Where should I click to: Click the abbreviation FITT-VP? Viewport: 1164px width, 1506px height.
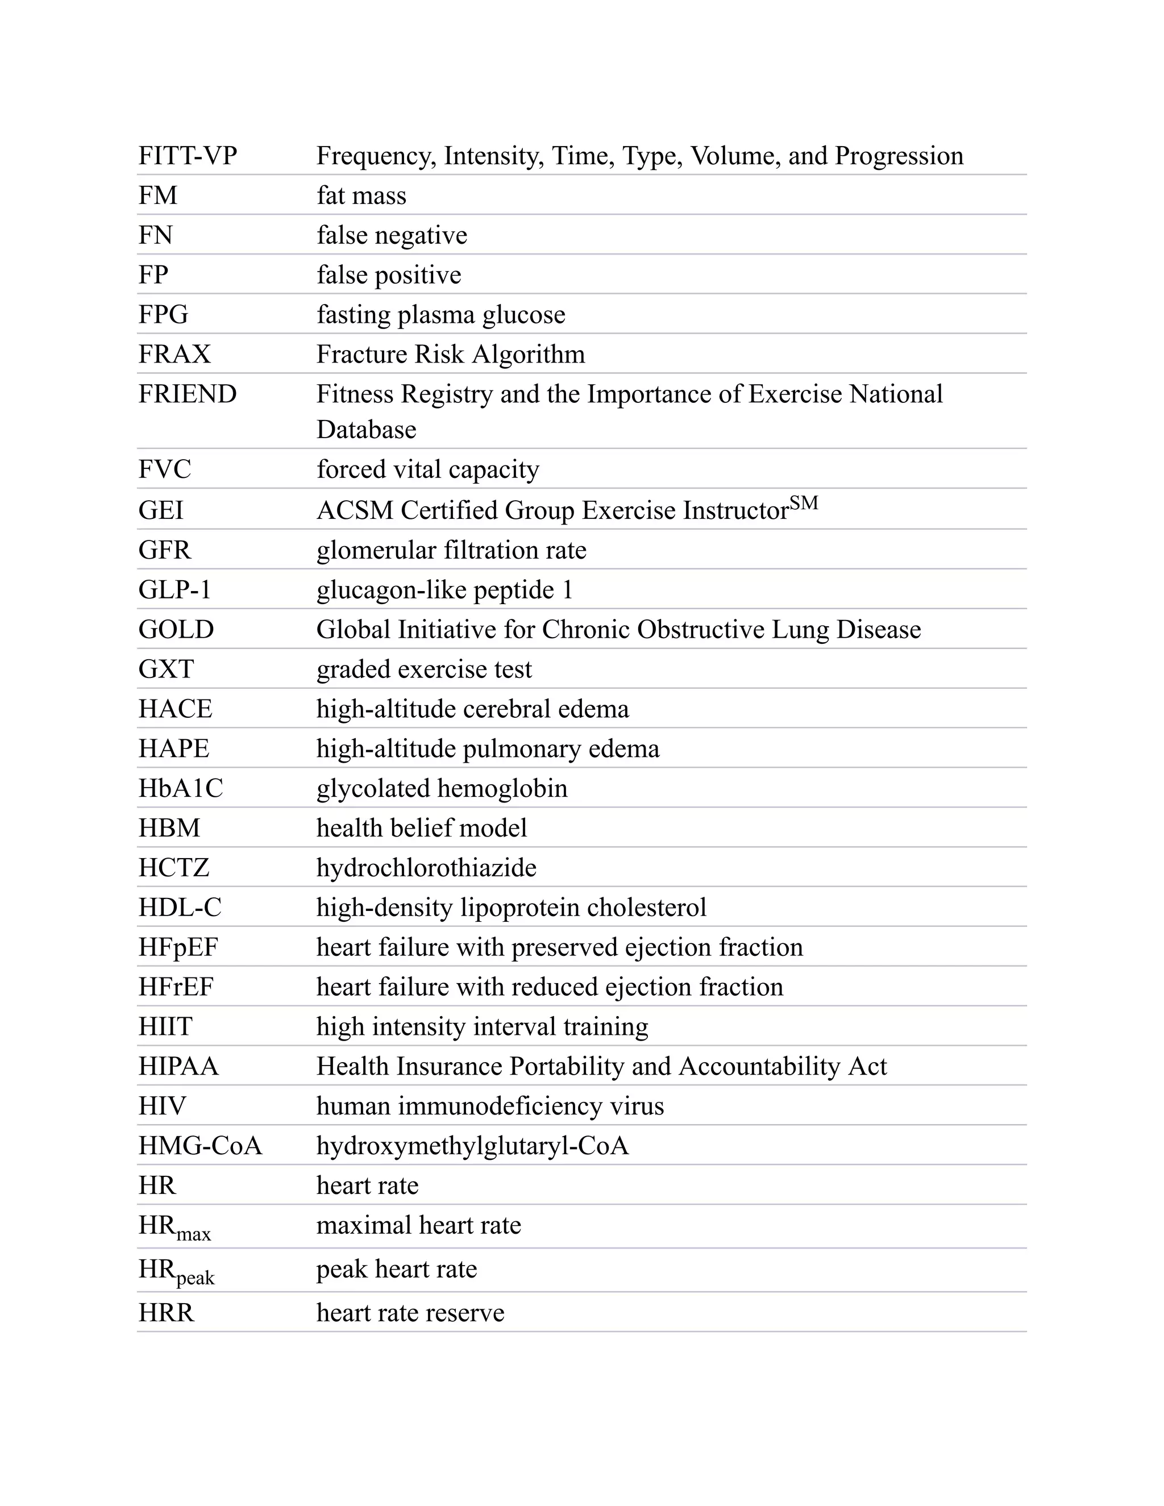(x=187, y=156)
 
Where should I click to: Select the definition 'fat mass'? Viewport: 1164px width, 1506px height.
(x=361, y=196)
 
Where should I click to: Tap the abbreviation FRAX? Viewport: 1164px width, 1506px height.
(x=174, y=355)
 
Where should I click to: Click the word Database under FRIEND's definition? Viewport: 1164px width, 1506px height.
(x=366, y=430)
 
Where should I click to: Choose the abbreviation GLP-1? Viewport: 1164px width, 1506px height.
(x=174, y=590)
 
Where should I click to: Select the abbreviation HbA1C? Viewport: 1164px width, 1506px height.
(x=181, y=789)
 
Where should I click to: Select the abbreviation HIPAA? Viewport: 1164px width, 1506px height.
(x=178, y=1067)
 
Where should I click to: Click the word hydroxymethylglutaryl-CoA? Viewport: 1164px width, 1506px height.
(x=472, y=1146)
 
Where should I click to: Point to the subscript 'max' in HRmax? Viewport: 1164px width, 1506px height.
(x=194, y=1234)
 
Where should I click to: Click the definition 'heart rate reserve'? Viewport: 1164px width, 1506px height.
(x=410, y=1313)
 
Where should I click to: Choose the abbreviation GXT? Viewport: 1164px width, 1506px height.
(x=166, y=669)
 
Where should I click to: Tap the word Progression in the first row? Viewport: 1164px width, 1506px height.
(x=899, y=156)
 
